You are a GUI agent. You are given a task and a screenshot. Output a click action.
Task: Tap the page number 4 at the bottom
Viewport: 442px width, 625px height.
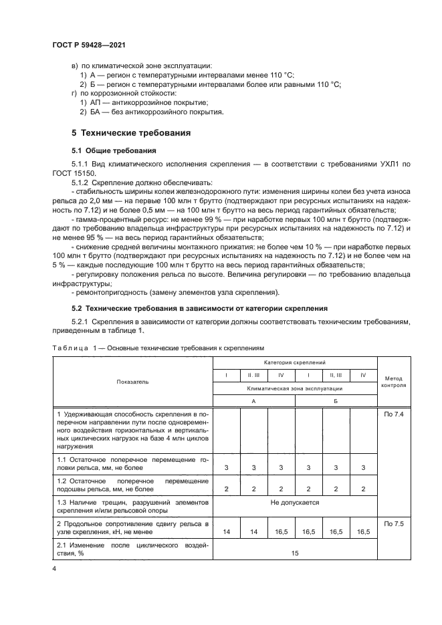point(53,567)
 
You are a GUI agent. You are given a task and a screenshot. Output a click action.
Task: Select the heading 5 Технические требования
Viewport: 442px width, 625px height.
point(131,133)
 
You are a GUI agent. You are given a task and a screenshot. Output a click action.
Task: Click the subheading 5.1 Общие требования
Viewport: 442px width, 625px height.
point(114,150)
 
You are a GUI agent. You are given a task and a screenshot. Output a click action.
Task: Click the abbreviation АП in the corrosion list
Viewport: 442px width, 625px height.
point(95,102)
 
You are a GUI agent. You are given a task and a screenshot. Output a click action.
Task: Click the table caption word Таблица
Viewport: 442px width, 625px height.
point(68,348)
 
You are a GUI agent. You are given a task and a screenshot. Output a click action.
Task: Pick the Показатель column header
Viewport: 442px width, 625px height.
point(132,381)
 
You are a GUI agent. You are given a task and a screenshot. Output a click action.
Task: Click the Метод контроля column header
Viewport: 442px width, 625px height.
point(393,381)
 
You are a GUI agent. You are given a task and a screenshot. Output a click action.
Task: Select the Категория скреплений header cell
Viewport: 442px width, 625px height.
point(295,362)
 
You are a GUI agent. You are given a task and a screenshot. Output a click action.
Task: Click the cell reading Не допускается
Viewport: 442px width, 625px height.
point(295,502)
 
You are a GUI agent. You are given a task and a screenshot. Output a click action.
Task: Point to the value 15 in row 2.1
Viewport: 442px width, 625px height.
point(295,552)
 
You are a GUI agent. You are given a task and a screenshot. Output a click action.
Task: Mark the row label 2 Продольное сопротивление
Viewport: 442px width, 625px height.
point(132,525)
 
